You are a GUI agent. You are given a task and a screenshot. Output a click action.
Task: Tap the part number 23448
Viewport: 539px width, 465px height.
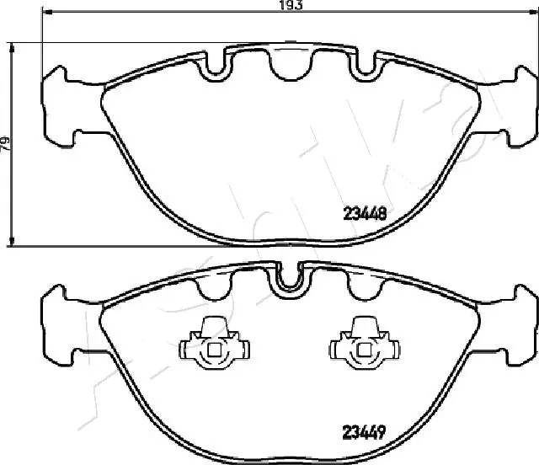coord(366,214)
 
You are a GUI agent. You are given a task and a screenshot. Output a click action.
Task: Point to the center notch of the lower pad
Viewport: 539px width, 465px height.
coord(289,280)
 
